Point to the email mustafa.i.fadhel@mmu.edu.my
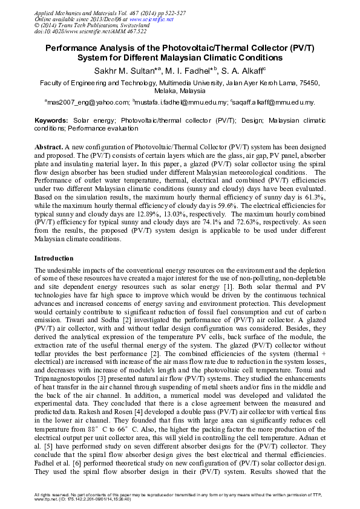pyautogui.click(x=182, y=103)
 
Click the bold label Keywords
pyautogui.click(x=51, y=121)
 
